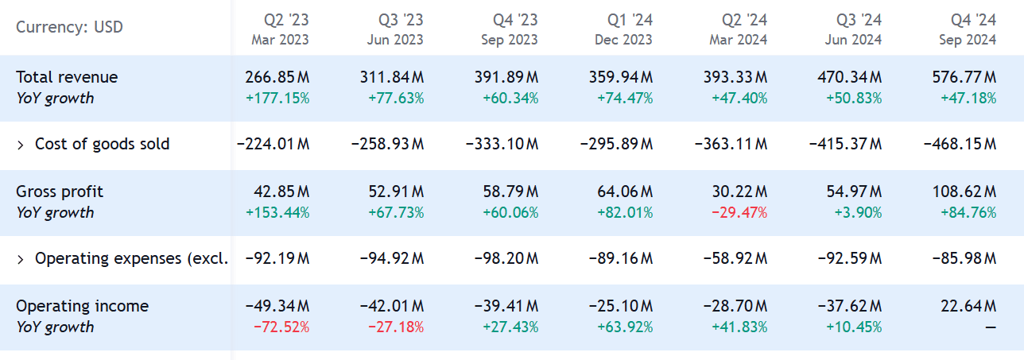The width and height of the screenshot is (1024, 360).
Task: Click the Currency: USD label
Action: point(69,28)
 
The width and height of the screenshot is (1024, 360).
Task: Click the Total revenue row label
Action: point(67,77)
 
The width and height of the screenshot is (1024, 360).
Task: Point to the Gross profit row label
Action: point(60,192)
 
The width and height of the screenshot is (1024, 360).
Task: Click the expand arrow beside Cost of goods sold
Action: point(21,145)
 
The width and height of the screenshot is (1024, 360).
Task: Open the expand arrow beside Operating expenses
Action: point(21,259)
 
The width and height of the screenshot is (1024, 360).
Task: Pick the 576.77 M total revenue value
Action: point(964,77)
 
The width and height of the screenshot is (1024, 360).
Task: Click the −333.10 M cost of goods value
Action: point(502,145)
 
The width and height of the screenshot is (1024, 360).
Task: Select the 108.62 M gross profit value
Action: point(964,192)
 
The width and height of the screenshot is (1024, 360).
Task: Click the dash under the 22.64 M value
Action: point(990,327)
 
